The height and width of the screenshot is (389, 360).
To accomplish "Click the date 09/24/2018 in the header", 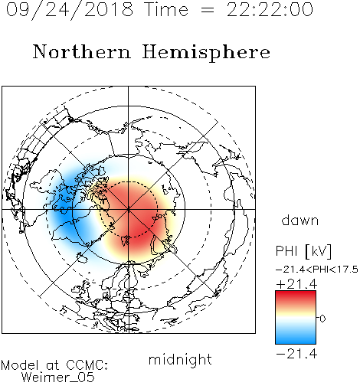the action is [x=70, y=10].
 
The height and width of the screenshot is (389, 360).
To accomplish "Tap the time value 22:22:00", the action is [x=270, y=9].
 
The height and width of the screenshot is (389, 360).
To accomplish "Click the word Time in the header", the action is [x=166, y=9].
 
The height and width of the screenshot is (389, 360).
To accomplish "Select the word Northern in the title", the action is [x=82, y=52].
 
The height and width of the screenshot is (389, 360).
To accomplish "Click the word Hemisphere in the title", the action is [x=206, y=53].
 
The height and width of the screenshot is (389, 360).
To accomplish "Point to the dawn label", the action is [x=300, y=220].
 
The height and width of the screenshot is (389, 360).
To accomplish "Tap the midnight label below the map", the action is [x=180, y=359].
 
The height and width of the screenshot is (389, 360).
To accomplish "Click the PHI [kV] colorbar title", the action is [x=303, y=251].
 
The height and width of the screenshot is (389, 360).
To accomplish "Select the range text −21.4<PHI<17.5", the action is [x=317, y=270].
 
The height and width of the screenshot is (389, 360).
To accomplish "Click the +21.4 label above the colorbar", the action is [x=296, y=284].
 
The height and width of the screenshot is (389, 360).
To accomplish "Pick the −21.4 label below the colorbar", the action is [x=296, y=354].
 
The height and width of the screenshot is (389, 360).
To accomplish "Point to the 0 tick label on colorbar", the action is [x=322, y=319].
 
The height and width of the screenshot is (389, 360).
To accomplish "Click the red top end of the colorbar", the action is [x=296, y=293].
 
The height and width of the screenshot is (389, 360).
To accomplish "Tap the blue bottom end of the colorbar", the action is [x=296, y=342].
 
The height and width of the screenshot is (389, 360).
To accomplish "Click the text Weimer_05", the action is [x=58, y=378].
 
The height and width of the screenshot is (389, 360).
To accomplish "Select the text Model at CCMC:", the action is [x=54, y=365].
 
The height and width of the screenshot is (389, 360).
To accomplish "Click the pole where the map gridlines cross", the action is [x=129, y=209].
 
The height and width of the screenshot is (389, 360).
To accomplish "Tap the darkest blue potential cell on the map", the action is [x=64, y=212].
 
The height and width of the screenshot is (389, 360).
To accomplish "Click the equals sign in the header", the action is [x=208, y=10].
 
